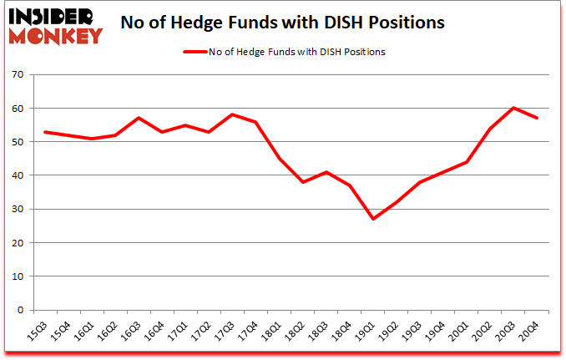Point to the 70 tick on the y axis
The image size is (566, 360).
(x=18, y=75)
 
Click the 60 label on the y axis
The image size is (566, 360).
(x=18, y=109)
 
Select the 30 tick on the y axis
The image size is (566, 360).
(x=18, y=210)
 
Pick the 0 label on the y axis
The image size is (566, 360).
(x=21, y=310)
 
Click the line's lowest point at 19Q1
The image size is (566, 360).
(x=373, y=219)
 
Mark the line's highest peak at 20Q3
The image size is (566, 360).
(x=514, y=108)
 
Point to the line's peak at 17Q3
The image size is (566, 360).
(x=232, y=114)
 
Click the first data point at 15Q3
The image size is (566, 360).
(x=44, y=132)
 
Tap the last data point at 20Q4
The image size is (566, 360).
(x=538, y=118)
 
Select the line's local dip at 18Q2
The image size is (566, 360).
(x=303, y=182)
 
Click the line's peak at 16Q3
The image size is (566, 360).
(x=139, y=118)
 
